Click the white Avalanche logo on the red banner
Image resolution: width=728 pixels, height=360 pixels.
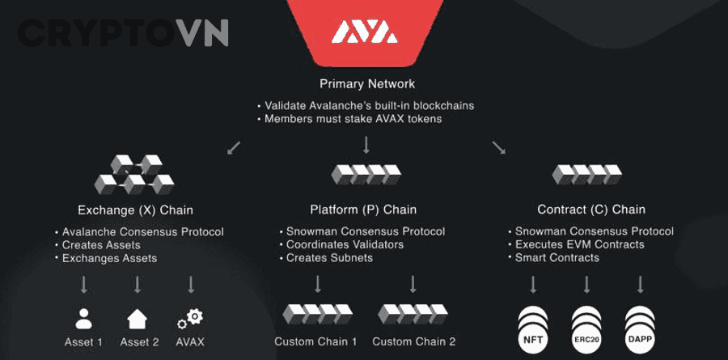tap(365, 32)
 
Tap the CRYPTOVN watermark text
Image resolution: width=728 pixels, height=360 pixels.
tap(123, 32)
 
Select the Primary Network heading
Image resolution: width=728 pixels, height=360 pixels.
tap(367, 84)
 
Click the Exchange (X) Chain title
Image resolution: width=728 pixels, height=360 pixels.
tap(135, 210)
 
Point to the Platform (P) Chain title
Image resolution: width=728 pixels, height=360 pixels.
tap(363, 210)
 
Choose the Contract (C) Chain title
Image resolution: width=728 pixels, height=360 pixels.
tap(591, 210)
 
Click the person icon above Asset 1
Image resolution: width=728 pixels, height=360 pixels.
tap(83, 319)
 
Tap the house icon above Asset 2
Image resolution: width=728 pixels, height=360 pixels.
tap(138, 319)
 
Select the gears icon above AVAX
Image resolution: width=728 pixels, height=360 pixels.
tap(190, 319)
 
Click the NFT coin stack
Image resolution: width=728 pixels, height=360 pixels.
tap(533, 329)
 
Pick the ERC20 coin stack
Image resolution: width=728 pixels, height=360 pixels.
tap(587, 329)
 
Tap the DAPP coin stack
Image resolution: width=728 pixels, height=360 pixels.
tap(641, 329)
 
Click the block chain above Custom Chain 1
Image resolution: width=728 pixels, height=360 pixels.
tap(318, 314)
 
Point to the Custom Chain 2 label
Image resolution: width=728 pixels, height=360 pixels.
tap(413, 342)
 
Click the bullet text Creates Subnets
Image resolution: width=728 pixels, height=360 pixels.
tap(330, 258)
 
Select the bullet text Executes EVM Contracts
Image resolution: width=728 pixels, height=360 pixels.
tap(580, 244)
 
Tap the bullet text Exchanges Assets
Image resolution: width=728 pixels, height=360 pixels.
tap(109, 258)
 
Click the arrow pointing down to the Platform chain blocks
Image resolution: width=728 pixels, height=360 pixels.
tap(366, 146)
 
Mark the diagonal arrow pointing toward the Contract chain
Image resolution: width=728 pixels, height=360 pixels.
tap(498, 148)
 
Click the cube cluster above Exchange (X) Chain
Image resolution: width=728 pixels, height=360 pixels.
tap(134, 175)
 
